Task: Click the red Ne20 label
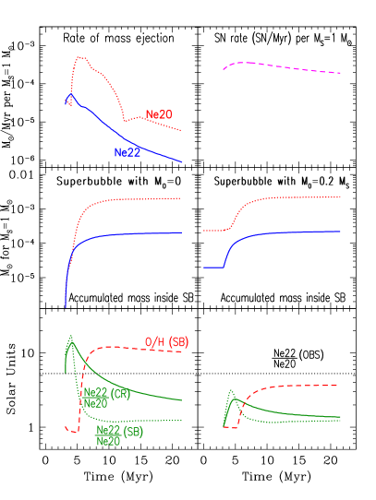point(158,115)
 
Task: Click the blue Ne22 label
point(127,152)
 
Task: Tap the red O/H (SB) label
point(166,342)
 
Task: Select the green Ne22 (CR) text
point(107,394)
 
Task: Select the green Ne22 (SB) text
point(120,431)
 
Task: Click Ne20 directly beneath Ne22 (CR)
point(95,403)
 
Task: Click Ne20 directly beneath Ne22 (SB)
point(108,441)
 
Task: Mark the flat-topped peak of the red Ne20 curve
point(81,58)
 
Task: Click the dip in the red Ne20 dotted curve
point(127,120)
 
